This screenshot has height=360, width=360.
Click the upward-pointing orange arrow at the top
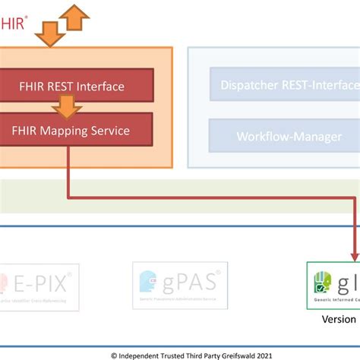click(x=74, y=17)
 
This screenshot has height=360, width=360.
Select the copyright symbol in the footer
click(x=114, y=354)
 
